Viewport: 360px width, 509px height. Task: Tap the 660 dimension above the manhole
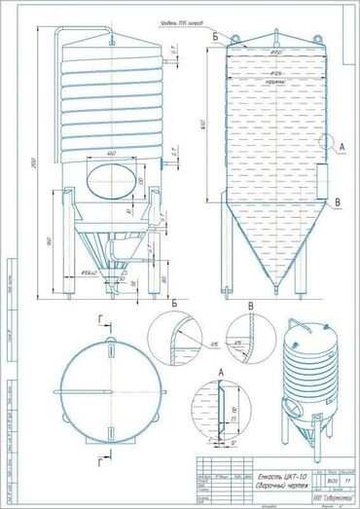click(x=113, y=155)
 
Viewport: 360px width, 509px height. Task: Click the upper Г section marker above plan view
click(x=104, y=318)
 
